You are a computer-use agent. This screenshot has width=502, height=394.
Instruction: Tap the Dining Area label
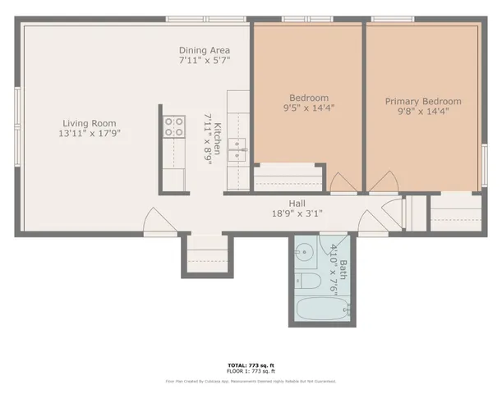(205, 50)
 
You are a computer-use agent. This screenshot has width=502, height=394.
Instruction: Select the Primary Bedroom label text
(423, 102)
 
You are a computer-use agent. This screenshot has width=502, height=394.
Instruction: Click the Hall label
(297, 203)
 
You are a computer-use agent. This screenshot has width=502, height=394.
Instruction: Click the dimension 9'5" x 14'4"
(308, 108)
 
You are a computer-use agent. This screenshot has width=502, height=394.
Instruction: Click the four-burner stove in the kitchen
(174, 126)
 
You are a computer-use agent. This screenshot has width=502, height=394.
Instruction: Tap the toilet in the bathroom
(309, 282)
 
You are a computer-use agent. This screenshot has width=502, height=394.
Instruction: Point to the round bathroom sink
(304, 253)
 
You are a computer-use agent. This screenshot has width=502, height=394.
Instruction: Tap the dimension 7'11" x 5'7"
(205, 61)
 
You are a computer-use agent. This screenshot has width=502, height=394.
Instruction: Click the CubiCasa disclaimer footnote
(251, 381)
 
